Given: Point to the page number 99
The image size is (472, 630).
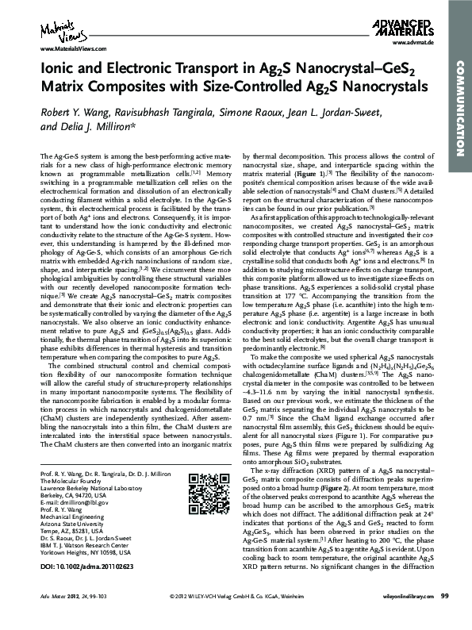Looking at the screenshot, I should coord(444,619).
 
